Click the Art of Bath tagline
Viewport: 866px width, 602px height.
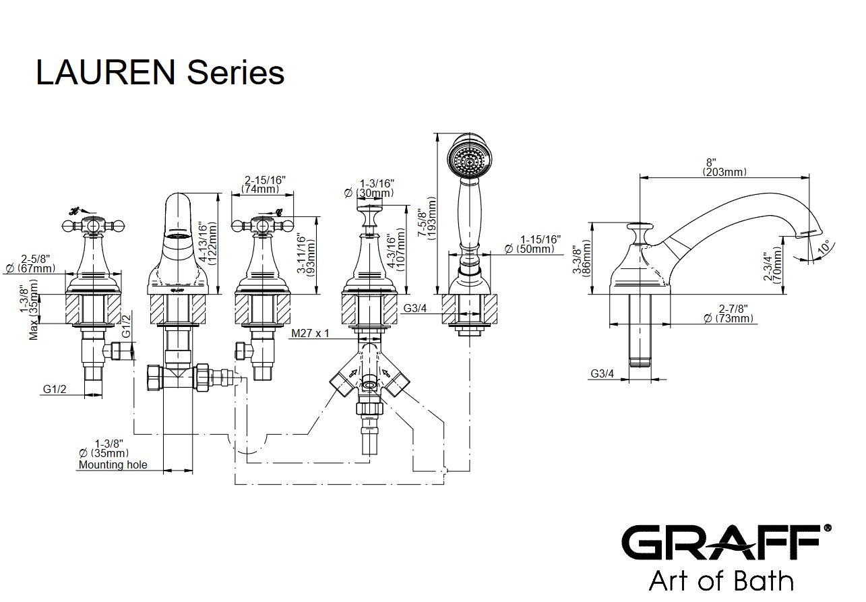[720, 580]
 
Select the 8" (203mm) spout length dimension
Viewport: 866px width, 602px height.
[724, 167]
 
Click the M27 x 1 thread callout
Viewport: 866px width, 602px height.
[311, 334]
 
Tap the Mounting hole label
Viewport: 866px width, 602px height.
[113, 464]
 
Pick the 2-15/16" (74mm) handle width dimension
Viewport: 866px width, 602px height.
[265, 185]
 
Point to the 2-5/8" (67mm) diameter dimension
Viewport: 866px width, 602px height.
[38, 264]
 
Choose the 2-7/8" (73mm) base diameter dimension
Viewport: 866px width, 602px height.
[729, 313]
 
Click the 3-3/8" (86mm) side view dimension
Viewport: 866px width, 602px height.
[580, 258]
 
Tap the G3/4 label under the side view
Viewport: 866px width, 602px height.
[602, 373]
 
